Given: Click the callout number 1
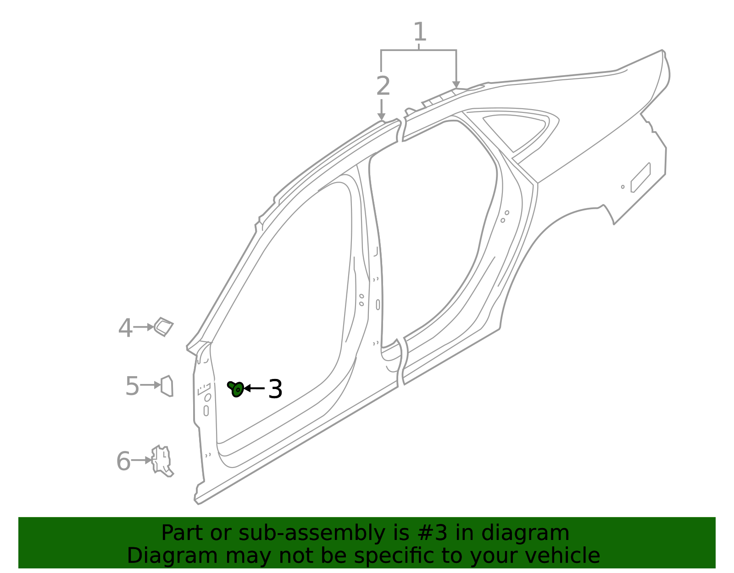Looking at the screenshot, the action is pyautogui.click(x=419, y=32).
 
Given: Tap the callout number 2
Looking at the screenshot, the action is pyautogui.click(x=383, y=86).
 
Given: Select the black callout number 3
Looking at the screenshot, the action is pyautogui.click(x=275, y=389).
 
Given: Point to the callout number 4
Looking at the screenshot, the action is pyautogui.click(x=125, y=328).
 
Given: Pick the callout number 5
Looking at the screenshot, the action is pyautogui.click(x=132, y=386).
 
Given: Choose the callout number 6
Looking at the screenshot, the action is pyautogui.click(x=123, y=461).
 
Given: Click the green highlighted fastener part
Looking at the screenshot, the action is pyautogui.click(x=236, y=389).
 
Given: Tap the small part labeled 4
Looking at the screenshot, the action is pyautogui.click(x=164, y=327).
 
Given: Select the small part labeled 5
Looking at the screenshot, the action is pyautogui.click(x=167, y=386).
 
